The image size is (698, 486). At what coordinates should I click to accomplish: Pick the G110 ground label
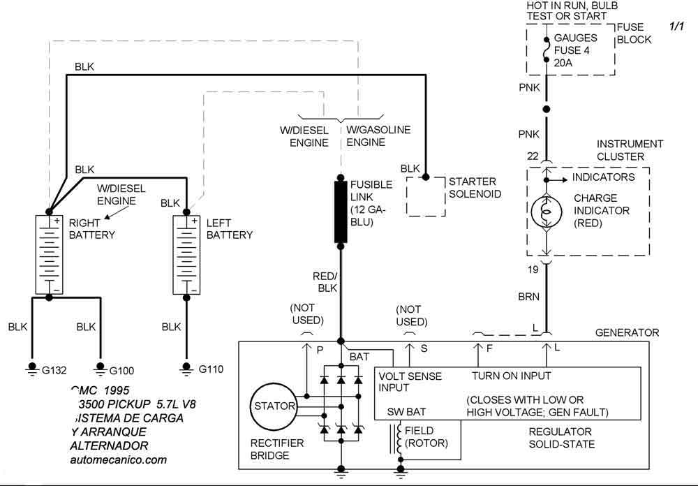point(210,368)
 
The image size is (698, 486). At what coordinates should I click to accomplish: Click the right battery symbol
point(49,254)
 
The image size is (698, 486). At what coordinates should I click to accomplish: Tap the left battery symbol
point(186,254)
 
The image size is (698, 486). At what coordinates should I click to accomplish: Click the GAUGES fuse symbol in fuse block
point(547,50)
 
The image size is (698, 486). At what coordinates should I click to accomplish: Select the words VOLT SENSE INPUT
point(410,382)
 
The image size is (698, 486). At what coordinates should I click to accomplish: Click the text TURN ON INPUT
point(512,376)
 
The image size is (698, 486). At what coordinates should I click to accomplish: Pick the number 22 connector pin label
point(533,156)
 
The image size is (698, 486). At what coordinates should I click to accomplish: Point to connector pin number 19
point(533,269)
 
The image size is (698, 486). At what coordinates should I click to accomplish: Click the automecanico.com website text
point(119,459)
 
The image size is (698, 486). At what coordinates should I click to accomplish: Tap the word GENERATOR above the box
point(627,332)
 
